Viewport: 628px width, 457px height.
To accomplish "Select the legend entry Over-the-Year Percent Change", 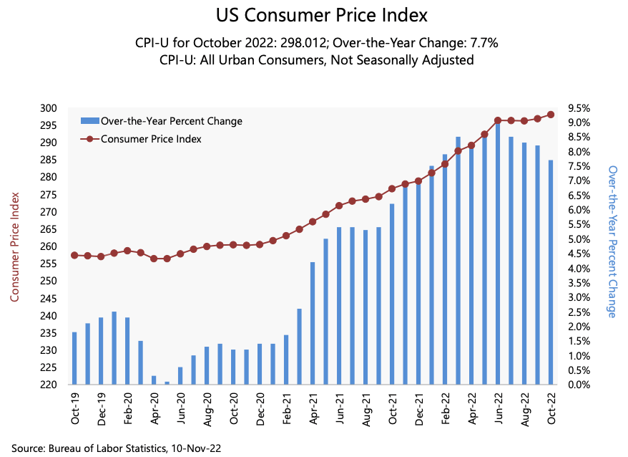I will [171, 121].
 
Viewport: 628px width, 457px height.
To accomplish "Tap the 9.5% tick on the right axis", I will [579, 108].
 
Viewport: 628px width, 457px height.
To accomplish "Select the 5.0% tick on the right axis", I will [579, 239].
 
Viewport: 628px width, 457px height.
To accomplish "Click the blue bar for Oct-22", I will [551, 272].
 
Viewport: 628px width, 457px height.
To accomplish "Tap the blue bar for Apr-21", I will [313, 323].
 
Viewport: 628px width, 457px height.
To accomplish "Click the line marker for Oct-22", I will [551, 115].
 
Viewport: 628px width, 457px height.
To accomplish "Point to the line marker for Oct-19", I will [74, 255].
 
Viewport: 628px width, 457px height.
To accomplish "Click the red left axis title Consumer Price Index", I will [14, 246].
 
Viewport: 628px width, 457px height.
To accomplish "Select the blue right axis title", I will [612, 241].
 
